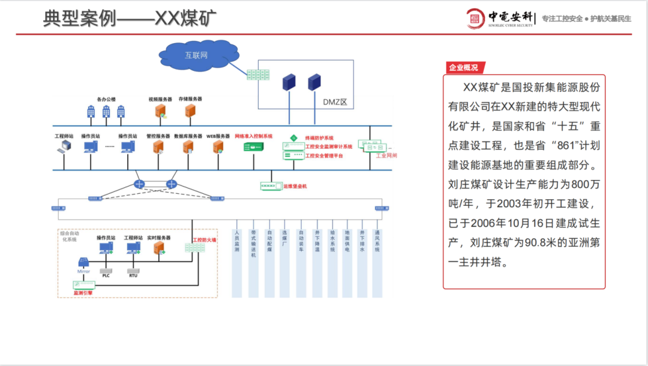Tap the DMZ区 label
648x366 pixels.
[x=335, y=101]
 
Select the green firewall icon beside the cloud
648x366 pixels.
[x=259, y=75]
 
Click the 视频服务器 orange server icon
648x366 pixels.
[x=160, y=110]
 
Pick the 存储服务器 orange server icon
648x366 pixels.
[x=190, y=110]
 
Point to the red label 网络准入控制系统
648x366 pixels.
[x=254, y=136]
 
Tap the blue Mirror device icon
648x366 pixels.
[x=83, y=262]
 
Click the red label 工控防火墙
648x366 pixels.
[x=204, y=240]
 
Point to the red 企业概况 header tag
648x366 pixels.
[x=464, y=68]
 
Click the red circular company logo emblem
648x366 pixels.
[x=476, y=18]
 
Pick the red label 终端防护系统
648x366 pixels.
[x=319, y=138]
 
